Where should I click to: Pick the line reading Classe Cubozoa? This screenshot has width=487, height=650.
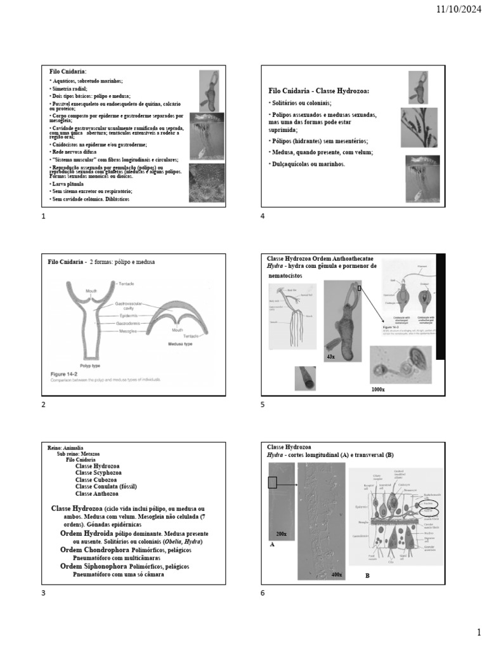[x=98, y=480]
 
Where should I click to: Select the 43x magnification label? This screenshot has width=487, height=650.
[x=330, y=357]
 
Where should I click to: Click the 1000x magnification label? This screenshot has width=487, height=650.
[x=379, y=388]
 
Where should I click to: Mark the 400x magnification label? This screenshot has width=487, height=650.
[x=336, y=574]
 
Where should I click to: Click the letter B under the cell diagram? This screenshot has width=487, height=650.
[x=367, y=575]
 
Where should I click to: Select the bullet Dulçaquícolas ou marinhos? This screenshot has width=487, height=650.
[x=308, y=164]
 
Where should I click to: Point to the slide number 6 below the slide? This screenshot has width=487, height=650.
[x=263, y=593]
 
